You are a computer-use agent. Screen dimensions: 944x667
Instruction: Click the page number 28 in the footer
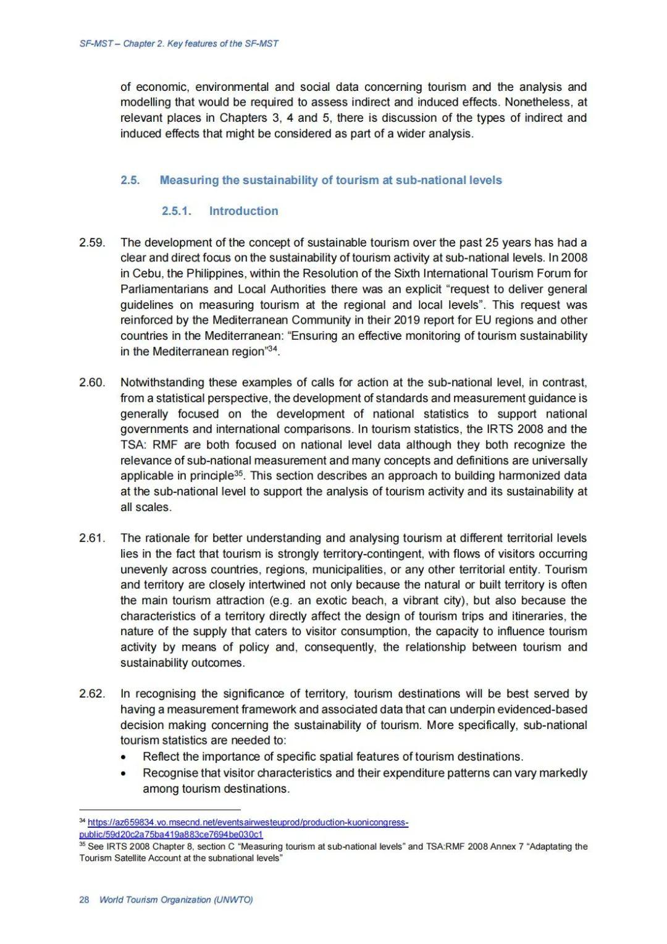84,900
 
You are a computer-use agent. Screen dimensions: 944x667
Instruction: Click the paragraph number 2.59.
91,242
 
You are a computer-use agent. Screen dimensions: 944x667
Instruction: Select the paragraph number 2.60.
91,382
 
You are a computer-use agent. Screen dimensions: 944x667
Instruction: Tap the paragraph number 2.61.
91,538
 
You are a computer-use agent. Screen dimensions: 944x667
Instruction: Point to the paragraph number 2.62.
91,694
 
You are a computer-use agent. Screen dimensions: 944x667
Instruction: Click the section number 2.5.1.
177,211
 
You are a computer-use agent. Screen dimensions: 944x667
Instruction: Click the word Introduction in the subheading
243,211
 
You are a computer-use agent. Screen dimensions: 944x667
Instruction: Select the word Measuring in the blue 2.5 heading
189,180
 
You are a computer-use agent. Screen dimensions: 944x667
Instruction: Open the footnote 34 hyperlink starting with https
247,822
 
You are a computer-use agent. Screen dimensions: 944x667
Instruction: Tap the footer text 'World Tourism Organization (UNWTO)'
176,900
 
